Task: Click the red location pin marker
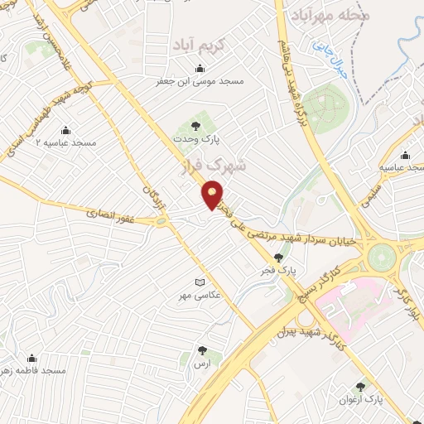pos(213,196)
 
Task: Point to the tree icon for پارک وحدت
pos(195,126)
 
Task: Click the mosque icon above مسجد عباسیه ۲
pos(65,131)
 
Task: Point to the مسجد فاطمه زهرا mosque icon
pos(31,359)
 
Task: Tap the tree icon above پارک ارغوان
pos(360,386)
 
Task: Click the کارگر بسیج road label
pos(329,285)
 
